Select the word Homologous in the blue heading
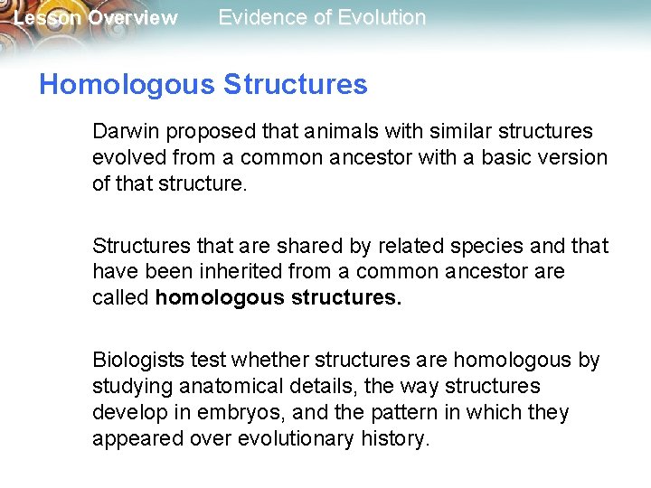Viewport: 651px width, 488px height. click(x=127, y=85)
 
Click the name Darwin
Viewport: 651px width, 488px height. click(x=125, y=131)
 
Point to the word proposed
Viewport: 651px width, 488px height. click(x=203, y=132)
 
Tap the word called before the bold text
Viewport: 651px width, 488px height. click(x=120, y=297)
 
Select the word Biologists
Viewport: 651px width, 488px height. click(x=138, y=361)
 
